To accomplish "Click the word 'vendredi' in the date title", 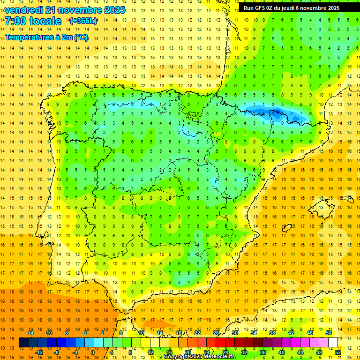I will [x=23, y=10].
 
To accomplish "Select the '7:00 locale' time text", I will [x=33, y=21].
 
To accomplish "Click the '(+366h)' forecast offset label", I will [x=83, y=21].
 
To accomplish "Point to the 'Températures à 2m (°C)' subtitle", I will [x=46, y=37].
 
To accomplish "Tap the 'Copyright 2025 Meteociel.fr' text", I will [x=199, y=357].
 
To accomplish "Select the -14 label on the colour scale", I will [x=30, y=333].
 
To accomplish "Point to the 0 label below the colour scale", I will [x=92, y=352].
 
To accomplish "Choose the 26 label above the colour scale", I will [x=216, y=333].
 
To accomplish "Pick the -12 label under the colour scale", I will [x=39, y=352].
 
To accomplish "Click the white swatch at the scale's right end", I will [x=333, y=343].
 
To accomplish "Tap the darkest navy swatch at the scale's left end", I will [x=23, y=343].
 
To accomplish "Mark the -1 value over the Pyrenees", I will [x=291, y=113].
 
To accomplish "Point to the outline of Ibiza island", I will [x=287, y=228].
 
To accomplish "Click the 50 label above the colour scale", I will [x=329, y=333].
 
